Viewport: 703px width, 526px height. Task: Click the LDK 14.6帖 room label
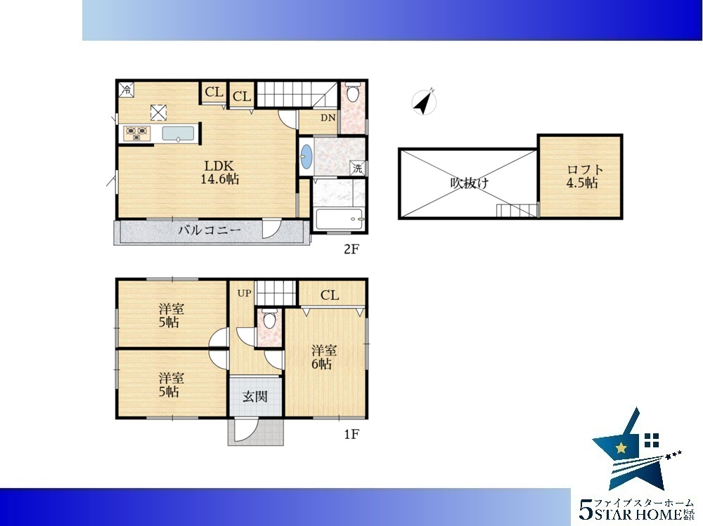click(219, 173)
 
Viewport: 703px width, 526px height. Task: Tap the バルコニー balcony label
click(209, 231)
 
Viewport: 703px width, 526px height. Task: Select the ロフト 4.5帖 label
click(583, 176)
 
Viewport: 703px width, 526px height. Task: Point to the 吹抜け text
click(470, 183)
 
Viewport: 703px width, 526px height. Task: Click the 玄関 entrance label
click(255, 397)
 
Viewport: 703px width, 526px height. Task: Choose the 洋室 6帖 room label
click(323, 357)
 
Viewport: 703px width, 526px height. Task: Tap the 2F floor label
click(351, 249)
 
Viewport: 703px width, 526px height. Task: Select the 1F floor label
click(351, 434)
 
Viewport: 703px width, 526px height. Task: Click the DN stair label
click(328, 118)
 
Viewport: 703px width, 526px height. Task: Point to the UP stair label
click(245, 294)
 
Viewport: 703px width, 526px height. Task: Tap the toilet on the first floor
click(269, 319)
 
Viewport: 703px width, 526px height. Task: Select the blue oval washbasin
click(307, 157)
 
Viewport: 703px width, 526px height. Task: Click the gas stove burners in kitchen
click(137, 133)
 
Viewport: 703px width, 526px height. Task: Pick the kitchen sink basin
click(178, 134)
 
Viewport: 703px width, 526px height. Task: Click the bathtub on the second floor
click(340, 219)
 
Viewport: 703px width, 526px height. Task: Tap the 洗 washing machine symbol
click(357, 169)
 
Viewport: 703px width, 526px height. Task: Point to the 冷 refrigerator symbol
click(127, 89)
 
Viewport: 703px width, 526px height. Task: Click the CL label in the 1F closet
click(330, 295)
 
